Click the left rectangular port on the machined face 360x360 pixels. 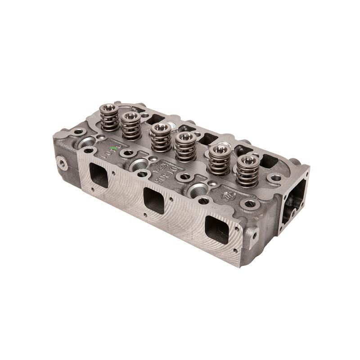(x=99, y=175)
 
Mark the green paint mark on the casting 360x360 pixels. (x=114, y=148)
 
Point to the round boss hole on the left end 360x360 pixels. (x=61, y=162)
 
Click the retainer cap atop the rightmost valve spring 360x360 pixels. (x=247, y=160)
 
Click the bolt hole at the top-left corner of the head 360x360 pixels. (x=80, y=132)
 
